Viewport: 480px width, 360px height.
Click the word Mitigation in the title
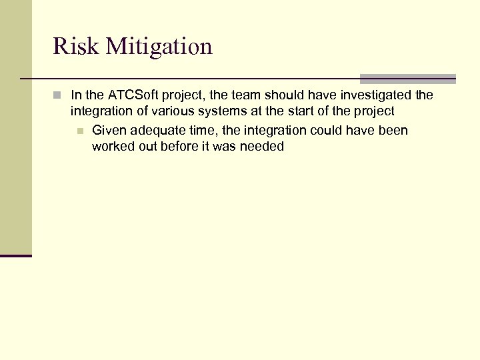point(158,46)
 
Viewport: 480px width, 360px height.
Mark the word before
point(181,146)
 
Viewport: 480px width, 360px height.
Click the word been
point(393,130)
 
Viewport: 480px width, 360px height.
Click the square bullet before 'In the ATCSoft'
point(58,95)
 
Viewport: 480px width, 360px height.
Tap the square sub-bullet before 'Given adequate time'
point(80,131)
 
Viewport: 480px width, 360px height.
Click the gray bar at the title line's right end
point(407,79)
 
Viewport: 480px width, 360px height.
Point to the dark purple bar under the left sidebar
point(15,255)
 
